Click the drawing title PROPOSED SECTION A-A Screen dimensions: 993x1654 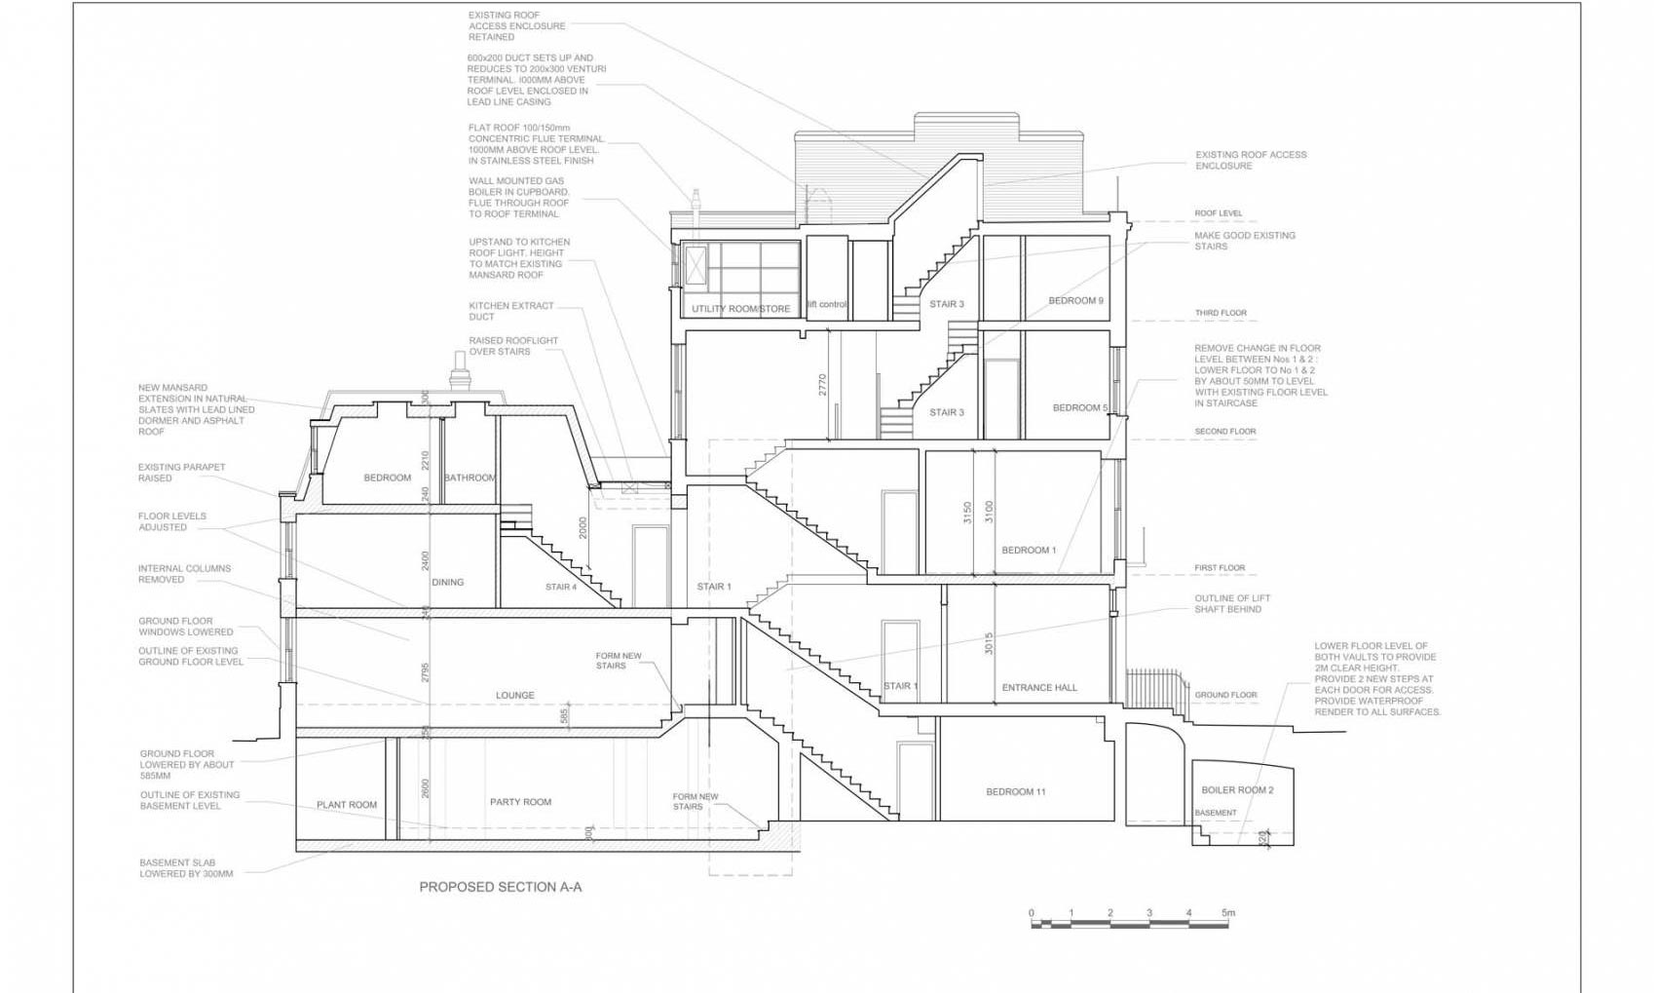coord(500,887)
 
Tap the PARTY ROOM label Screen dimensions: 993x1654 coord(520,802)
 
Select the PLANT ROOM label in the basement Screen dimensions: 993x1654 coord(346,805)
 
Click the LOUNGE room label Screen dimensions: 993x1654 coord(514,695)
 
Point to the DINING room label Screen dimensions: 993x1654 coord(447,582)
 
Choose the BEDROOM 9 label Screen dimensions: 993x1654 coord(1075,300)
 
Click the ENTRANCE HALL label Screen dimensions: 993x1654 coord(1039,687)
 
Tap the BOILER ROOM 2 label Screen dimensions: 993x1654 coord(1237,789)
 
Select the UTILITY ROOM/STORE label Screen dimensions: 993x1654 coord(740,309)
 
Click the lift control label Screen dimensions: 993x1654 coord(826,304)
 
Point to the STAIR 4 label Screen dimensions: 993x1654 coord(561,587)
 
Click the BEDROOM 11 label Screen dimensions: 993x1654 coord(1015,791)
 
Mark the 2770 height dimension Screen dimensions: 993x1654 coord(822,384)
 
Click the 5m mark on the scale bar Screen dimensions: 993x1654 coord(1227,913)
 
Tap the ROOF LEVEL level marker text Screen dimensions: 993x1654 coord(1218,213)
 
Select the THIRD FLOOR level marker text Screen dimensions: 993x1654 coord(1220,313)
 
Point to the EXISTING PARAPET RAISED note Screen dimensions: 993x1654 coord(181,473)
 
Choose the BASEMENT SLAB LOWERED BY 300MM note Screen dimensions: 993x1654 coord(186,868)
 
